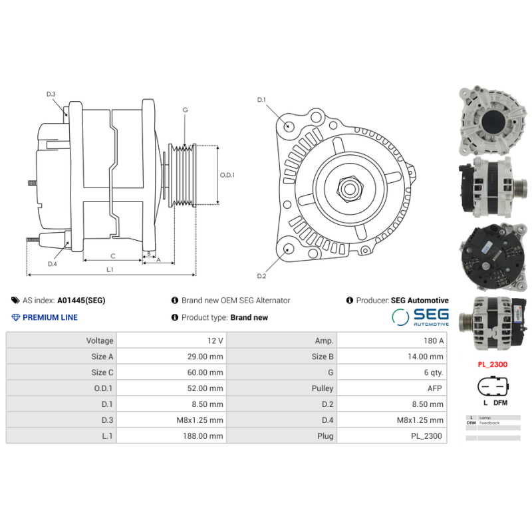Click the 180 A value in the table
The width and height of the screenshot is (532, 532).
click(434, 340)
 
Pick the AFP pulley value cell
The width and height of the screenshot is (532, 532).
click(436, 388)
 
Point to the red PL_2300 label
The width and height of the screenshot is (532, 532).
click(491, 364)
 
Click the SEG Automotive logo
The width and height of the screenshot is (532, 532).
click(420, 317)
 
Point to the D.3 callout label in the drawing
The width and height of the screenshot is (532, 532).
click(51, 94)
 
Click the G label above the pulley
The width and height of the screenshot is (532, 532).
click(185, 110)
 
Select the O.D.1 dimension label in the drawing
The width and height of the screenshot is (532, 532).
click(227, 175)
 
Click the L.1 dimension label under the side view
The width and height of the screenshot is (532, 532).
click(110, 269)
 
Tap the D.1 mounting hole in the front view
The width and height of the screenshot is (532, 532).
click(289, 126)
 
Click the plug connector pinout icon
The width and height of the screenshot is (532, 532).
click(491, 388)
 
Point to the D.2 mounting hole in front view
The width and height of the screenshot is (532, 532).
click(288, 249)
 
